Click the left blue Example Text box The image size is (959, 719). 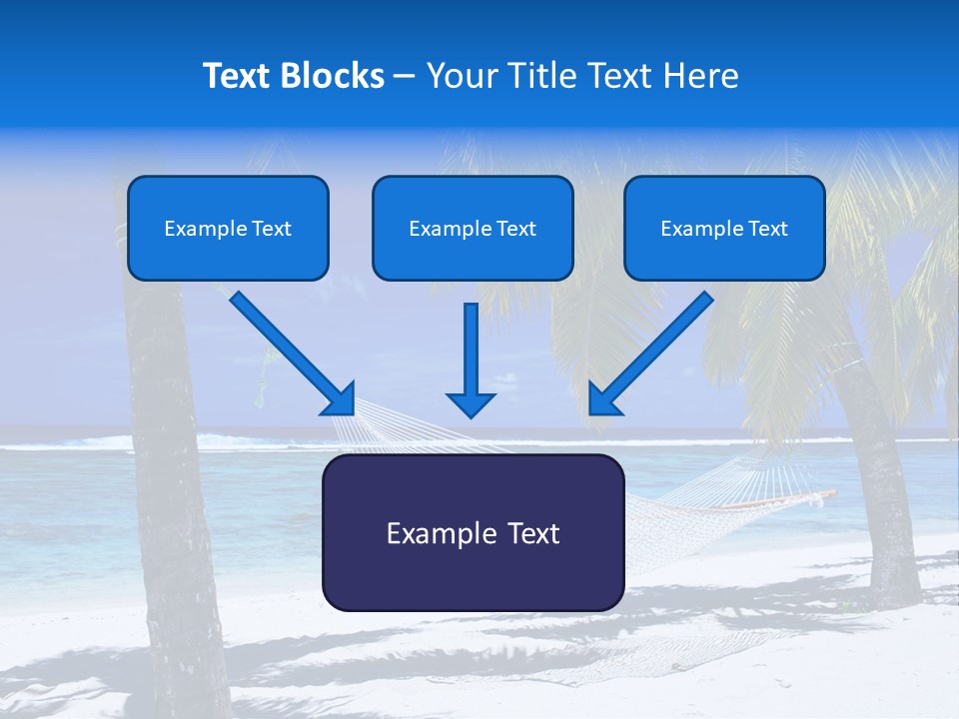pyautogui.click(x=228, y=228)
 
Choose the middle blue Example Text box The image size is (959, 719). pyautogui.click(x=473, y=228)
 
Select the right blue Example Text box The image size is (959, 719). pyautogui.click(x=724, y=228)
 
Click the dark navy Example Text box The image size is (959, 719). pyautogui.click(x=473, y=532)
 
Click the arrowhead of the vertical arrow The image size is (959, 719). pyautogui.click(x=471, y=403)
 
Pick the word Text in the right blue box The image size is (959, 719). pyautogui.click(x=767, y=229)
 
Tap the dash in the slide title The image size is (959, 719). pyautogui.click(x=405, y=76)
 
